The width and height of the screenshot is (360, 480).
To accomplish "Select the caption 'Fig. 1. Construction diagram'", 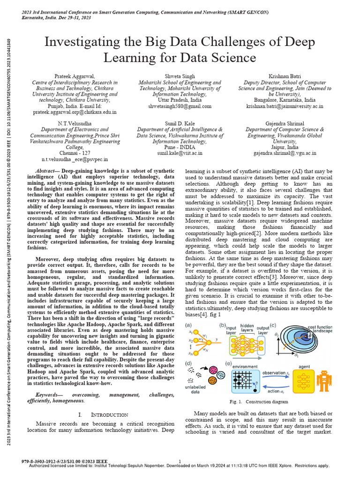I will pyautogui.click(x=259, y=402).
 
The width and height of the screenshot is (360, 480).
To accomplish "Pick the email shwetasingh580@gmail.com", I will pyautogui.click(x=180, y=106).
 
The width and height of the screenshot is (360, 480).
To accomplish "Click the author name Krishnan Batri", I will pyautogui.click(x=285, y=76).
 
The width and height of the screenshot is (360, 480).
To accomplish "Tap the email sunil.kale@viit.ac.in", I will pyautogui.click(x=180, y=153).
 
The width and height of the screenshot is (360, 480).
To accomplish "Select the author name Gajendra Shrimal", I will pyautogui.click(x=285, y=123).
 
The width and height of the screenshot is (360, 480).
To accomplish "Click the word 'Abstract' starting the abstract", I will pyautogui.click(x=48, y=172).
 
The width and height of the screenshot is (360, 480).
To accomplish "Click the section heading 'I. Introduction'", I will pyautogui.click(x=103, y=415).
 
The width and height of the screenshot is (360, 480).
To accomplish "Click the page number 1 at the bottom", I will pyautogui.click(x=180, y=461).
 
